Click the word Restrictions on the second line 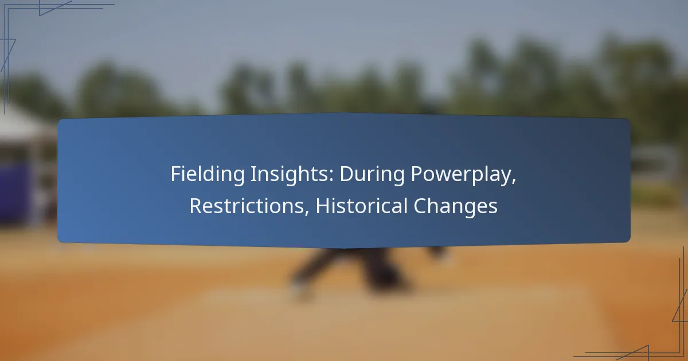click(247, 206)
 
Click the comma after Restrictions click(307, 212)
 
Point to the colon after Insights click(331, 176)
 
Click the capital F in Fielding click(177, 174)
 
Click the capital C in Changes click(420, 206)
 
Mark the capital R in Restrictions click(196, 206)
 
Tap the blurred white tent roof click(22, 122)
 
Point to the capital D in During click(347, 174)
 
